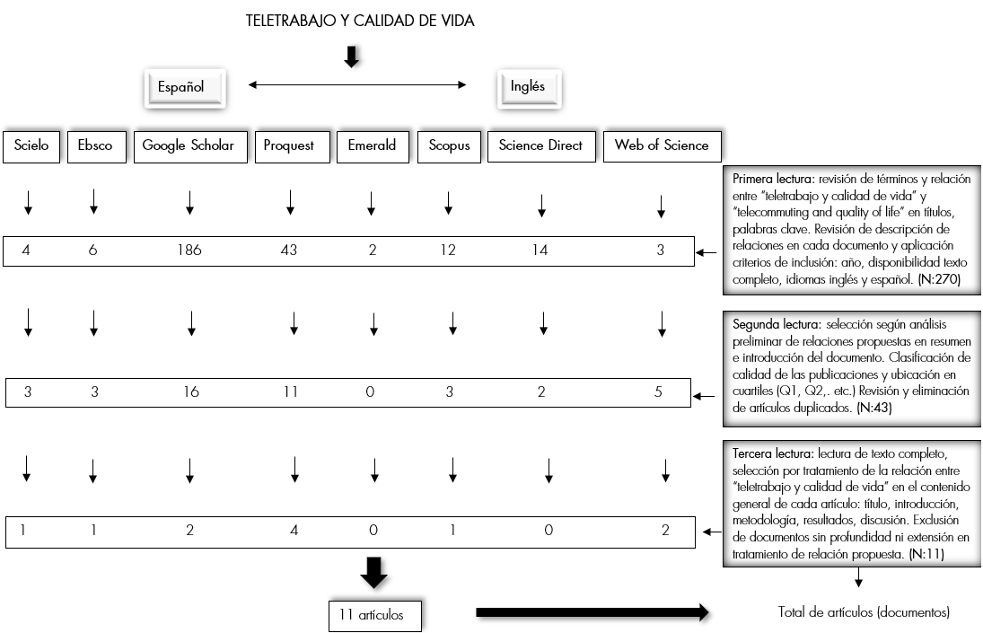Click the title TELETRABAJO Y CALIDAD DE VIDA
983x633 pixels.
click(x=360, y=22)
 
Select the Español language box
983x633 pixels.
click(x=181, y=87)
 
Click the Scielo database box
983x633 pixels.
click(x=31, y=145)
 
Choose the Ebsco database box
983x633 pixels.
click(x=95, y=145)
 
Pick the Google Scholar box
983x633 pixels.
click(x=189, y=145)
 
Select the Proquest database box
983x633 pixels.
click(x=289, y=145)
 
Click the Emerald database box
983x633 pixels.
click(x=372, y=145)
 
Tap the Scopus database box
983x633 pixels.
click(x=448, y=145)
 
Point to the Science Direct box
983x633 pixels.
click(x=540, y=145)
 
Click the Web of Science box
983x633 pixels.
click(x=662, y=145)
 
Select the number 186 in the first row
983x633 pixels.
click(x=189, y=251)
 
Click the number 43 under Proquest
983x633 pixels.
click(x=289, y=251)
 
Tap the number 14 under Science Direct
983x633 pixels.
click(x=540, y=251)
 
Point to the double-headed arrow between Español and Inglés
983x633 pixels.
click(x=357, y=85)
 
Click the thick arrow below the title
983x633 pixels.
click(x=352, y=57)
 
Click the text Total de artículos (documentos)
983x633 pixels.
click(x=863, y=612)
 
